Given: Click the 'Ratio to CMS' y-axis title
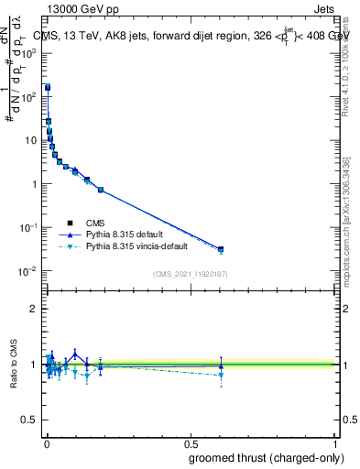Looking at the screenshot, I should pyautogui.click(x=13, y=365).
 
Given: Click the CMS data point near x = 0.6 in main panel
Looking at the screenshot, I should pyautogui.click(x=221, y=248).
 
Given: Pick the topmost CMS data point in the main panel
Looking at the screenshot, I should pyautogui.click(x=48, y=88).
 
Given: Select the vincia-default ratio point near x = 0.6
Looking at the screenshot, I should pyautogui.click(x=221, y=375).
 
